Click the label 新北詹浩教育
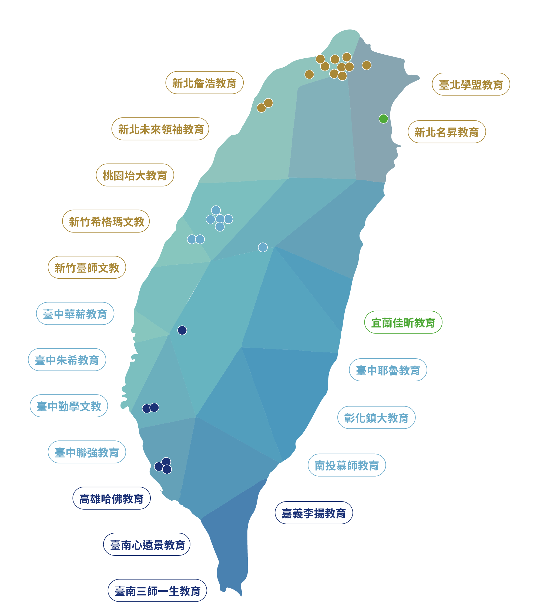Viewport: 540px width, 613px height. click(x=204, y=83)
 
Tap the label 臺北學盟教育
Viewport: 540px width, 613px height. click(x=471, y=84)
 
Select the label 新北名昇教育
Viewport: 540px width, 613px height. click(x=447, y=132)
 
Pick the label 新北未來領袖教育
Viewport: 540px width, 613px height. click(x=160, y=129)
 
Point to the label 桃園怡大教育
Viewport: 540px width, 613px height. click(x=135, y=175)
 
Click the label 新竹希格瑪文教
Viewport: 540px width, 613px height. click(x=106, y=221)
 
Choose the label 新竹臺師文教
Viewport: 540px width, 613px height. click(x=87, y=268)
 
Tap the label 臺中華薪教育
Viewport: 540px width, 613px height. click(x=75, y=314)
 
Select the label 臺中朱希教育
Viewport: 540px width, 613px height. click(x=67, y=360)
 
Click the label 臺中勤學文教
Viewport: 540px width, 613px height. click(x=69, y=406)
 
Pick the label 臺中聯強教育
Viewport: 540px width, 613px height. click(x=87, y=452)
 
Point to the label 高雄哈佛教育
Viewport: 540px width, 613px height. click(x=111, y=499)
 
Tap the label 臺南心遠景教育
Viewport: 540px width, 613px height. click(x=147, y=545)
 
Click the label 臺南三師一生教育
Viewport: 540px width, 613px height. click(x=157, y=591)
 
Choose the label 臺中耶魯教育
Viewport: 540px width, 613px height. click(x=388, y=370)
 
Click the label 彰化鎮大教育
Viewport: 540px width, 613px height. click(x=376, y=418)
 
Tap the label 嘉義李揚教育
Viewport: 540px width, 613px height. click(x=314, y=513)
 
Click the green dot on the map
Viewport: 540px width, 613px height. click(x=383, y=119)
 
